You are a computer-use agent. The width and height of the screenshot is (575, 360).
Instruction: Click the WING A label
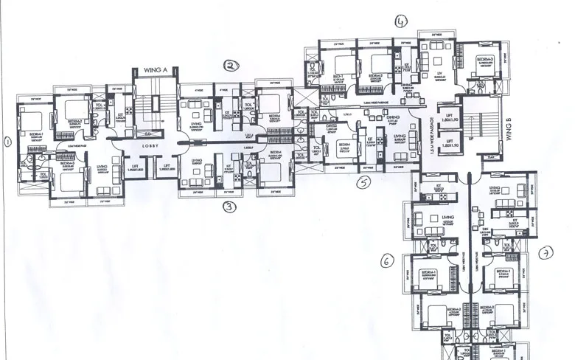tap(156, 69)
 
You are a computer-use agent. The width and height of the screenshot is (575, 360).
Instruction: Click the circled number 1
tap(8, 142)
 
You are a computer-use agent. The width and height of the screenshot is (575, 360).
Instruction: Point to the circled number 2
tap(231, 66)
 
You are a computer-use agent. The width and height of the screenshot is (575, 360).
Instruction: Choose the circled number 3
tap(229, 207)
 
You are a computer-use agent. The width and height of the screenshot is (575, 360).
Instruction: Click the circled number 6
tap(386, 260)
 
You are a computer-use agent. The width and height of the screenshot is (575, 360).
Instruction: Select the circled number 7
tap(546, 253)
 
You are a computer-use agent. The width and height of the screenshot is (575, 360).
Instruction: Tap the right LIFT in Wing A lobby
tap(167, 168)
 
